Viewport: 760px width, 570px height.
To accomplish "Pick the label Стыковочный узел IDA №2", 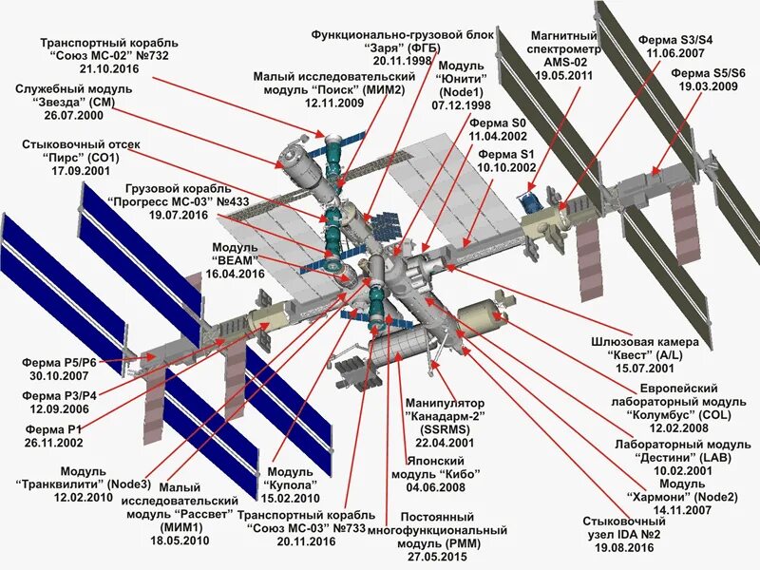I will [623, 535].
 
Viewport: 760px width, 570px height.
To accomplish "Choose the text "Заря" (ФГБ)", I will [402, 46].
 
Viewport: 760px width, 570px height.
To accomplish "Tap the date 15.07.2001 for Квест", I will [644, 367].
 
